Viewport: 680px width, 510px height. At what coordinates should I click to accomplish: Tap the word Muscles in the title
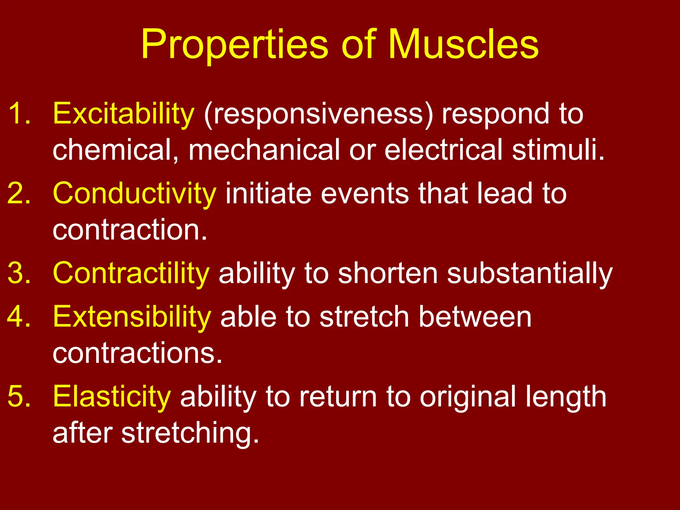463,45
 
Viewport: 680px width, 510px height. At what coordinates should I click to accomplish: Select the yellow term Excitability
124,115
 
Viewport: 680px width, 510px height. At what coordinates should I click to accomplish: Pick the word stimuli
558,150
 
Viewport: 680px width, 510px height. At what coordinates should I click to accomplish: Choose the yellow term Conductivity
134,194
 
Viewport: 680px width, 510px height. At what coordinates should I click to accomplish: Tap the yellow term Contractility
131,274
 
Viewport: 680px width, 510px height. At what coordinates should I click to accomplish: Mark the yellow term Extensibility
132,317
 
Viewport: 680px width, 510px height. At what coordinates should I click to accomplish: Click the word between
475,317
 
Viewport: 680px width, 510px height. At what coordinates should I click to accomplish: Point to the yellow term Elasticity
112,397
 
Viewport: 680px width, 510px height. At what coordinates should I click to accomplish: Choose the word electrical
443,150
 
